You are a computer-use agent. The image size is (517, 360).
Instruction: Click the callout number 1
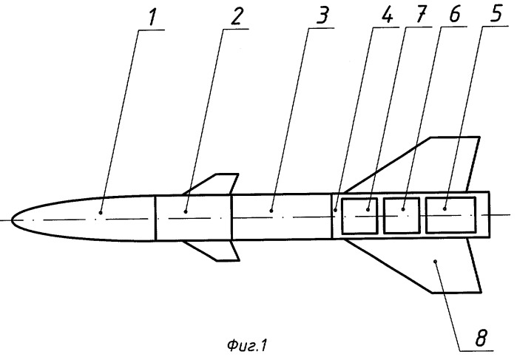point(152,17)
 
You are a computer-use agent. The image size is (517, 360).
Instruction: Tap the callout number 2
point(237,16)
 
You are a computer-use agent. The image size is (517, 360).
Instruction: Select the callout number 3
point(322,16)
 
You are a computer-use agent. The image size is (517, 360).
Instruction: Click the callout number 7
point(422,14)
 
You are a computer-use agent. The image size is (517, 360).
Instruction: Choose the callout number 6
point(456,14)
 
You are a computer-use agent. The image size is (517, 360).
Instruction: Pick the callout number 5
point(496,13)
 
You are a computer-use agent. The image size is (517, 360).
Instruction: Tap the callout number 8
point(481,337)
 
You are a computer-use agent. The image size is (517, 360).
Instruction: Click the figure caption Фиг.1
point(247,345)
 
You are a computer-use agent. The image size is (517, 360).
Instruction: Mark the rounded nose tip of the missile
point(12,220)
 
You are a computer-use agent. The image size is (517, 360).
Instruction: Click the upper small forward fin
point(212,184)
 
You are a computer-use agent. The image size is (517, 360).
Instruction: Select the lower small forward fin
point(212,251)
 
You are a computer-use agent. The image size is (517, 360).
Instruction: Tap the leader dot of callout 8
point(436,261)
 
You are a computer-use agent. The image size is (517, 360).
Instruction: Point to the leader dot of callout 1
point(101,213)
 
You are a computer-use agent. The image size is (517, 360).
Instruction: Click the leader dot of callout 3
point(271,211)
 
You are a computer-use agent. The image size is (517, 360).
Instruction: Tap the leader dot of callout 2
point(186,211)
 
